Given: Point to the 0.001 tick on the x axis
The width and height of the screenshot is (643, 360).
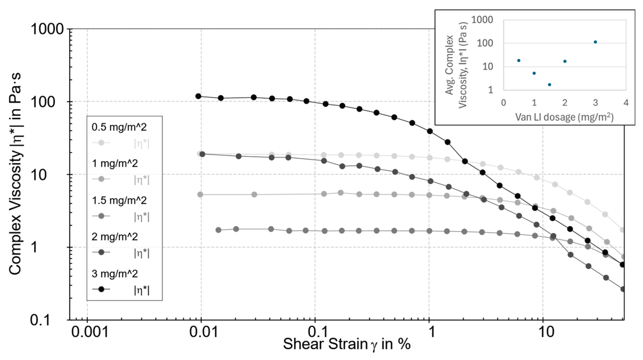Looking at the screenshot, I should [x=90, y=332].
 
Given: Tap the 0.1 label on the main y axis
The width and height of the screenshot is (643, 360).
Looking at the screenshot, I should [x=41, y=320].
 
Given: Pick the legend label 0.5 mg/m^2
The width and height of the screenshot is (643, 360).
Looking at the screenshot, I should [x=119, y=127].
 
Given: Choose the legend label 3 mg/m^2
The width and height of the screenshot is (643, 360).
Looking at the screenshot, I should [x=115, y=274].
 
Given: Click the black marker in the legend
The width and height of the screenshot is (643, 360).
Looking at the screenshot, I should [x=101, y=289].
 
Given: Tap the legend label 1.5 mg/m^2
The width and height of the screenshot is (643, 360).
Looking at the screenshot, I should [x=119, y=201].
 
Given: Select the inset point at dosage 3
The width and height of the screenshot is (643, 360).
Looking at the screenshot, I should [x=595, y=42].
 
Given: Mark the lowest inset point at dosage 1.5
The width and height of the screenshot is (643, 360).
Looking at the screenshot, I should [x=550, y=85].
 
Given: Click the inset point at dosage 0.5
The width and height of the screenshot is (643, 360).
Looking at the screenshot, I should [x=519, y=61].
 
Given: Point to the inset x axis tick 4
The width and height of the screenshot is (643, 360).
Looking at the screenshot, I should [x=626, y=103].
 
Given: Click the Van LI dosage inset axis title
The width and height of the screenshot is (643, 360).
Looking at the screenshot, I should [x=564, y=117].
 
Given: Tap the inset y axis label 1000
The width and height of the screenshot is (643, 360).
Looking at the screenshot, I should [x=482, y=20].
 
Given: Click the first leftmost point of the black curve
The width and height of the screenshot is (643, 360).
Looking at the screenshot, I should [x=198, y=96].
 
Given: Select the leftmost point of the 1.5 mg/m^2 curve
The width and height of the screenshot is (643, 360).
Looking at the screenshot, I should [x=218, y=230].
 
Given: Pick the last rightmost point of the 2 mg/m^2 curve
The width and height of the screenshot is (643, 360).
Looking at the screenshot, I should [x=623, y=289].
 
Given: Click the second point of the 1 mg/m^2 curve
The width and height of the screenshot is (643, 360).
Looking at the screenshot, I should [x=254, y=195].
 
